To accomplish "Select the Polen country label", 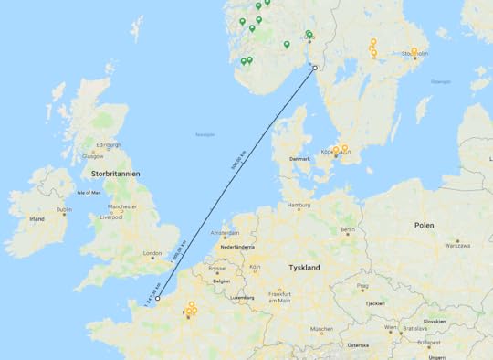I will pyautogui.click(x=424, y=224).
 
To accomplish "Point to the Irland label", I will pyautogui.click(x=37, y=219).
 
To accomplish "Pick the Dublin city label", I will pyautogui.click(x=64, y=210).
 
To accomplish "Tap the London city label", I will pyautogui.click(x=152, y=254).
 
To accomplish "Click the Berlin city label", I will pyautogui.click(x=348, y=230).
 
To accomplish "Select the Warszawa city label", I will pyautogui.click(x=456, y=245).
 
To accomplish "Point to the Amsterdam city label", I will pyautogui.click(x=225, y=234).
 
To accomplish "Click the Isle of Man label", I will pyautogui.click(x=89, y=193).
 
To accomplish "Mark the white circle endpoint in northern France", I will pyautogui.click(x=158, y=298).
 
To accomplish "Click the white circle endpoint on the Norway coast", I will pyautogui.click(x=315, y=68).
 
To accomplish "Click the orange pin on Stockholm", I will pyautogui.click(x=414, y=51).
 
